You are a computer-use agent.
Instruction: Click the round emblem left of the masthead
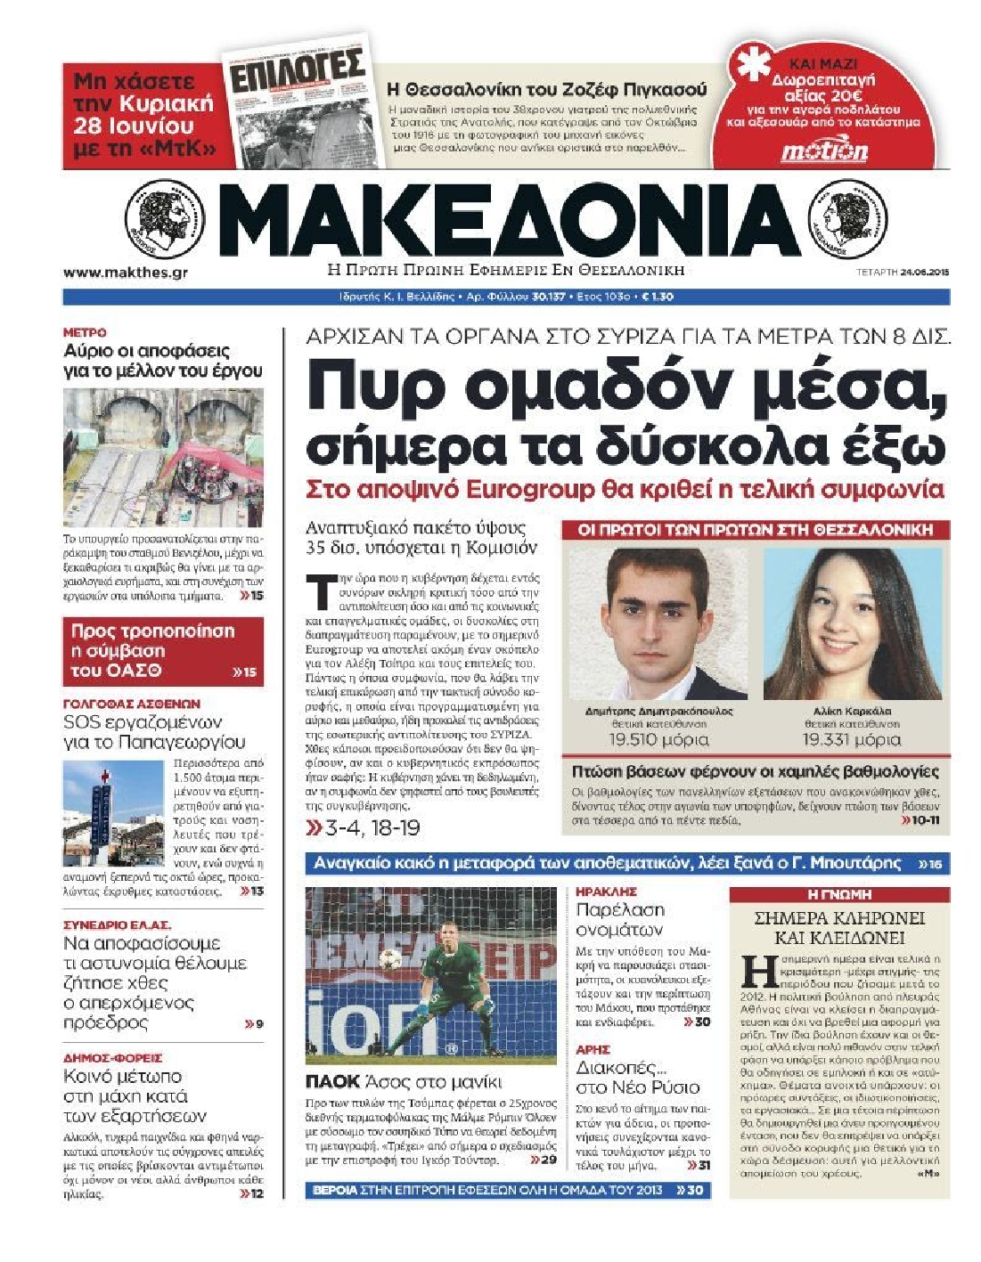tap(165, 219)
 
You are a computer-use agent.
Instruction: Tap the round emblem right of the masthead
tap(847, 219)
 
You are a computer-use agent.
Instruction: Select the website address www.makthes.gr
tap(126, 273)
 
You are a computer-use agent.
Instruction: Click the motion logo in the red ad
tap(824, 151)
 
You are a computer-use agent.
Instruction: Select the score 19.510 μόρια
tap(658, 739)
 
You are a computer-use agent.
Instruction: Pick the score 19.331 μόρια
tap(851, 739)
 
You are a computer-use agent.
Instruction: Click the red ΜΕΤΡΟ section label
tap(85, 332)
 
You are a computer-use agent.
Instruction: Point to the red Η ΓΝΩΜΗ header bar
tap(838, 894)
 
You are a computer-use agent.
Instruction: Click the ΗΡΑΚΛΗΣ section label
tap(606, 891)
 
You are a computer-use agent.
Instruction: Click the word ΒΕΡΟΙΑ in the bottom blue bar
tap(335, 1190)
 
